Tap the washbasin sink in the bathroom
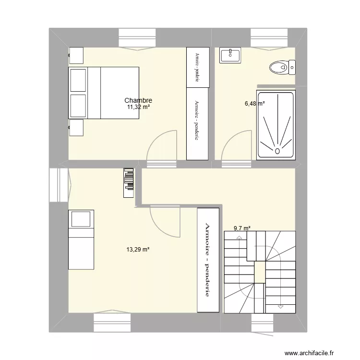(x=230, y=55)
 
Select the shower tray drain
(x=277, y=150)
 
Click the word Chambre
(x=138, y=100)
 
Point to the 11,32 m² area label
(x=138, y=107)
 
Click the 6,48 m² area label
(x=254, y=103)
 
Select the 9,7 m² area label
(x=242, y=229)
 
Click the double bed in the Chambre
(x=104, y=93)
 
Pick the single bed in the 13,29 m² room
(x=81, y=239)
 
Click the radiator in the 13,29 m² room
(x=129, y=182)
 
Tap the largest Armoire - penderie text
(x=208, y=260)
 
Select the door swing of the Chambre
(x=161, y=146)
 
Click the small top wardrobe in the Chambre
(x=198, y=67)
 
